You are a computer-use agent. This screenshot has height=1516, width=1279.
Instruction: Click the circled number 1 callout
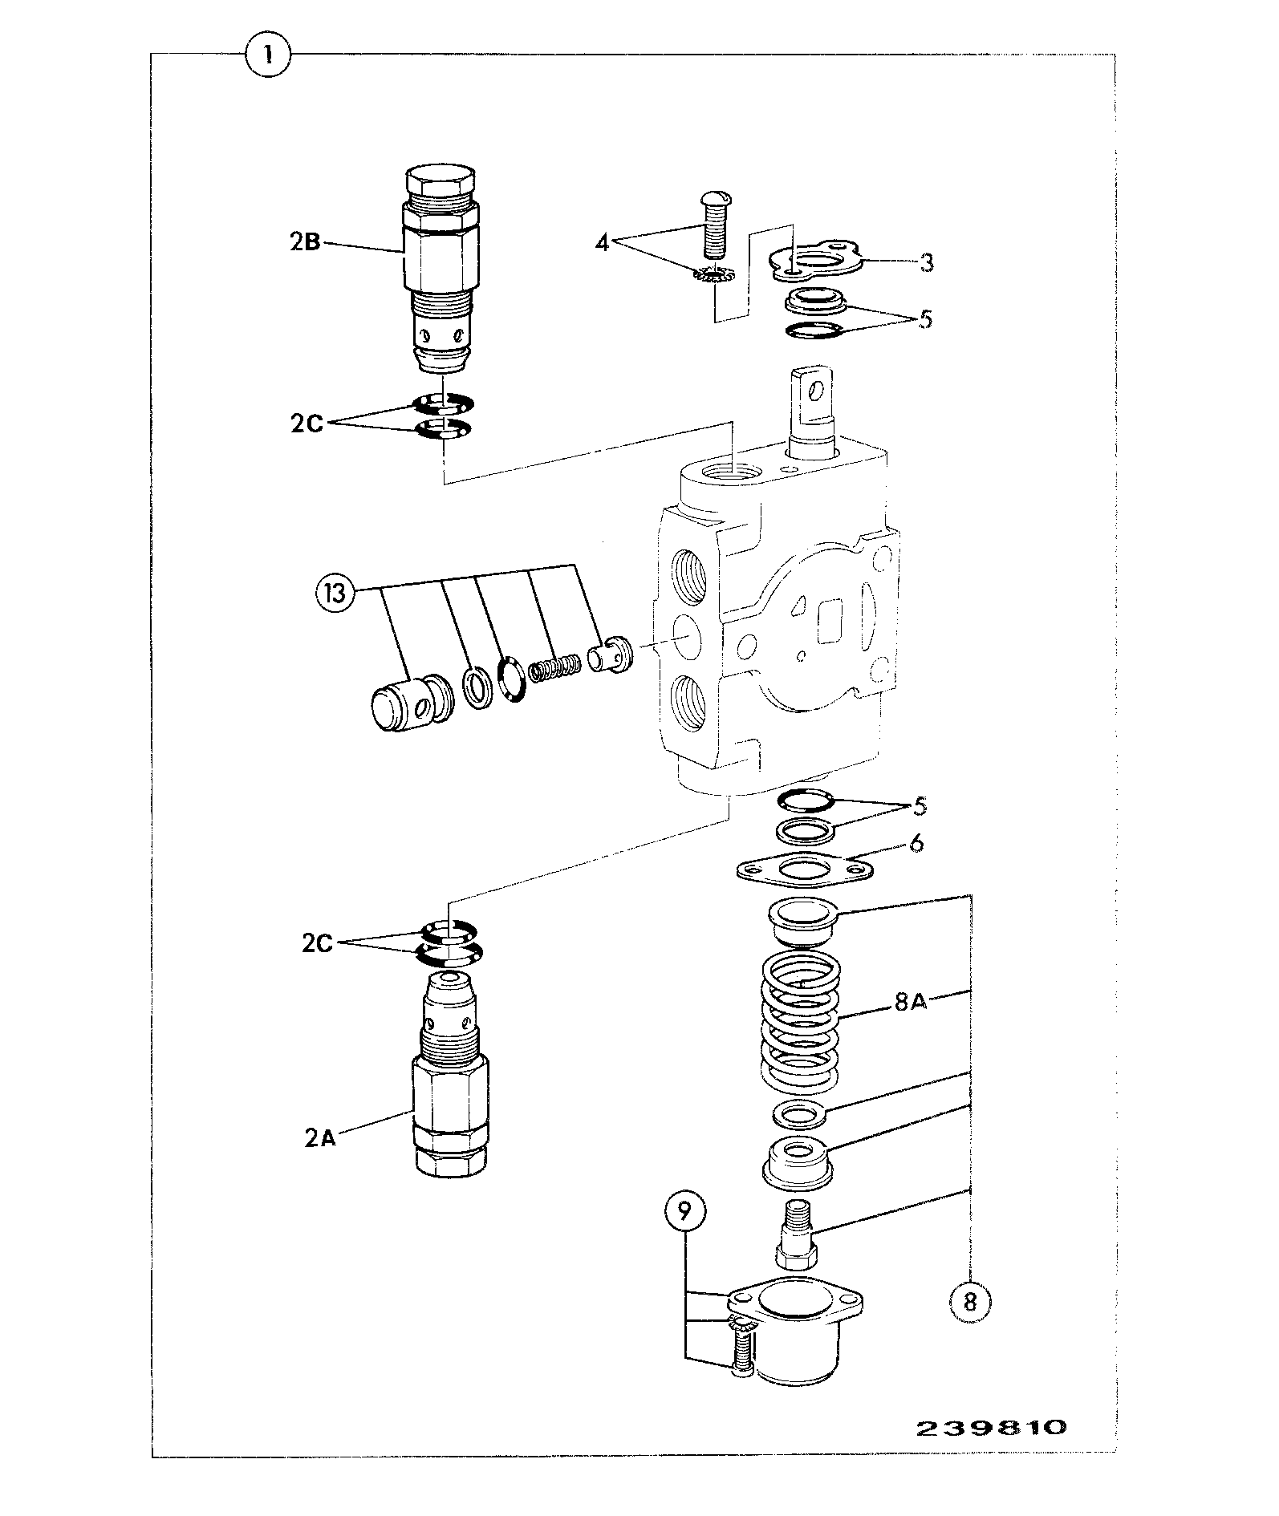[268, 55]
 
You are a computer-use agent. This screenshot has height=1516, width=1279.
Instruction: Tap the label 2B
[305, 241]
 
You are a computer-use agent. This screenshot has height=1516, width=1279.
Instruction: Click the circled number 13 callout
[335, 594]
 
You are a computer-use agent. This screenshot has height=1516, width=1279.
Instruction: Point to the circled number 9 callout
[684, 1233]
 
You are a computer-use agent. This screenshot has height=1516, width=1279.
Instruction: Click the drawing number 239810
[992, 1429]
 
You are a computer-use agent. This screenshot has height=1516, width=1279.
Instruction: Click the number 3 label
[927, 262]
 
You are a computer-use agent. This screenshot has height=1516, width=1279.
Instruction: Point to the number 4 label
[602, 242]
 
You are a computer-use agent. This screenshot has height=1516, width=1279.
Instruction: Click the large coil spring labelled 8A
[800, 1021]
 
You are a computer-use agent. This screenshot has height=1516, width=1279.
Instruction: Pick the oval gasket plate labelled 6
[804, 871]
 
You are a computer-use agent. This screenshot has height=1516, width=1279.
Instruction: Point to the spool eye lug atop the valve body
[814, 402]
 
